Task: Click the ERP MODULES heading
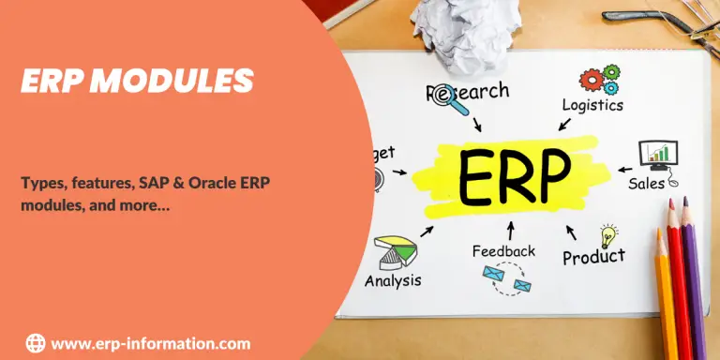pos(137,82)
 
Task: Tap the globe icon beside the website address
pos(36,343)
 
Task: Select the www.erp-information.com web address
pos(150,344)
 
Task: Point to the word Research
pos(469,93)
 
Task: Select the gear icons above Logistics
pos(599,78)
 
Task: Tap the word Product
pos(593,255)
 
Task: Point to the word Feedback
pos(503,251)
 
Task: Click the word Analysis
pos(393,280)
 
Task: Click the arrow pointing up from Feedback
pos(510,230)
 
